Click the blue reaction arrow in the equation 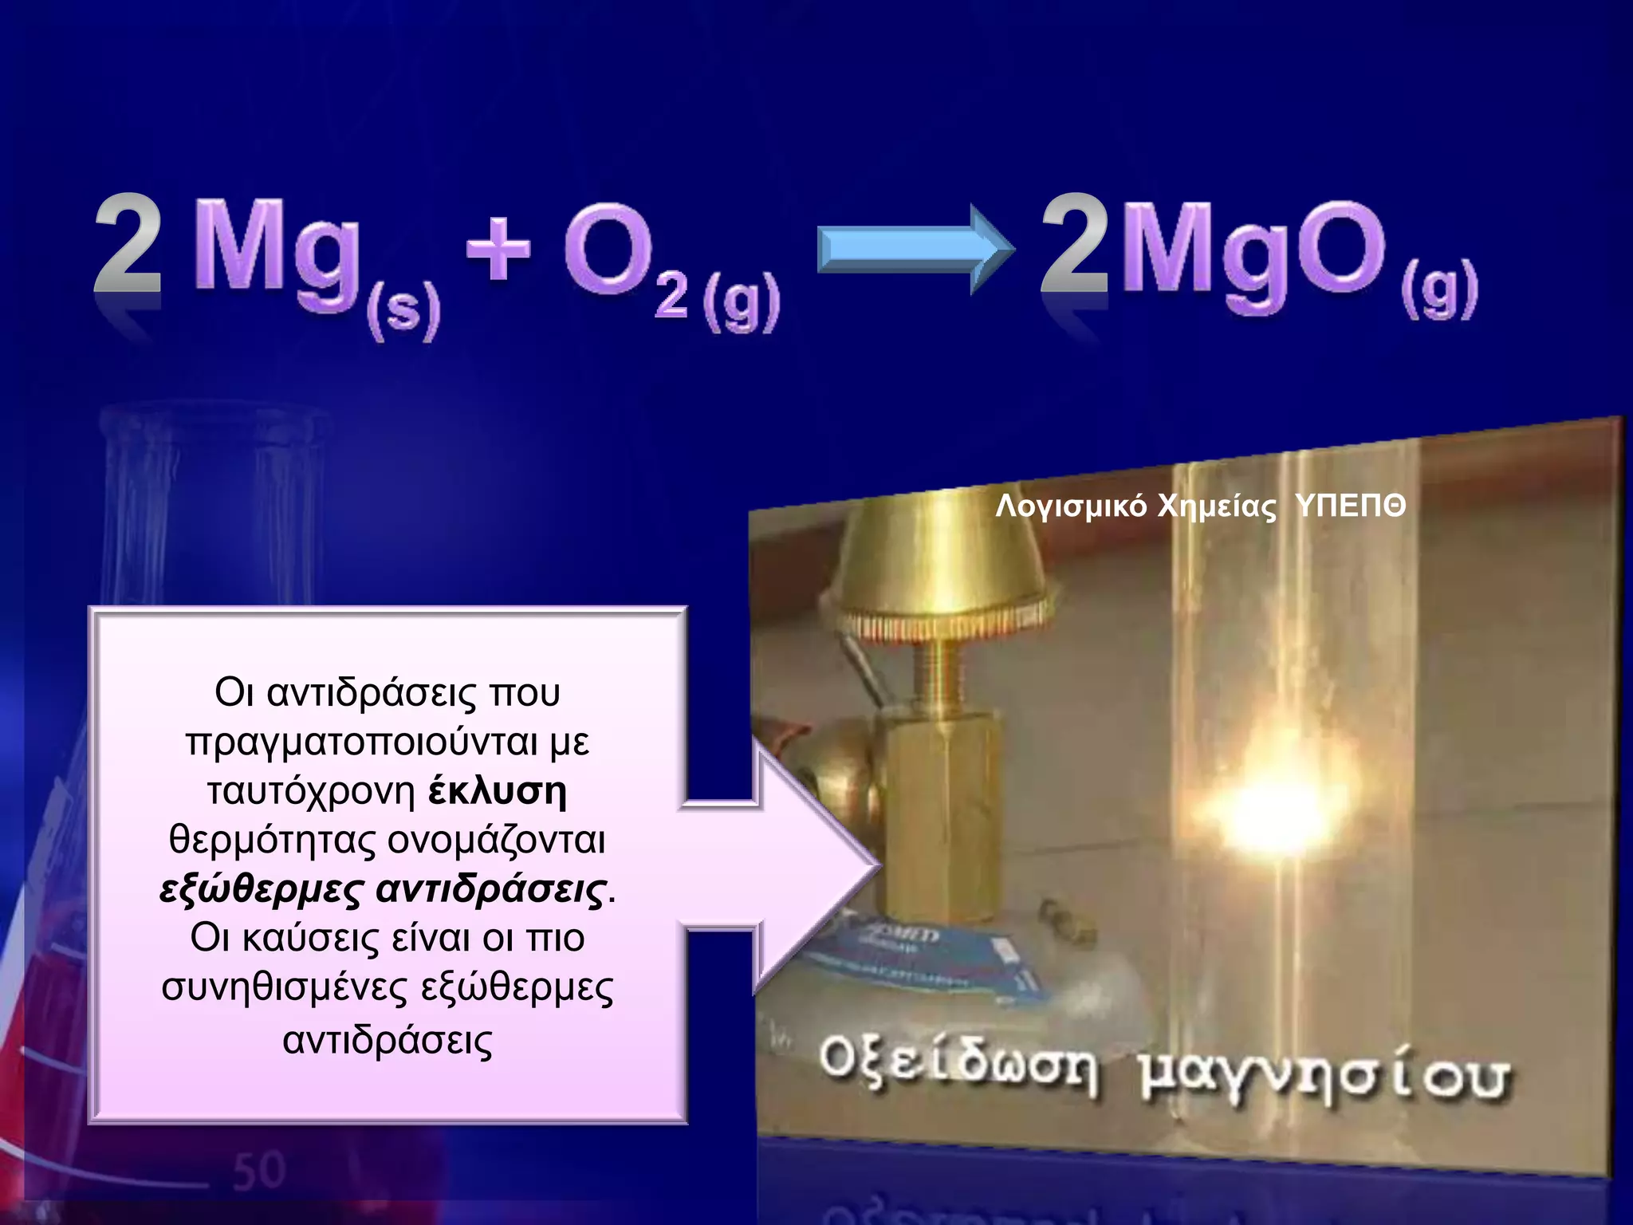point(915,249)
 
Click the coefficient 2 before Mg point(128,246)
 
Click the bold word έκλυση point(498,790)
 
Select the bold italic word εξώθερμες point(262,889)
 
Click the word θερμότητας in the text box point(273,840)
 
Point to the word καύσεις point(311,939)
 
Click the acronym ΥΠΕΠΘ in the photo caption point(1350,506)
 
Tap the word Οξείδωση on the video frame point(957,1066)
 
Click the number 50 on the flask point(259,1171)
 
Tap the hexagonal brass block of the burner point(941,813)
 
